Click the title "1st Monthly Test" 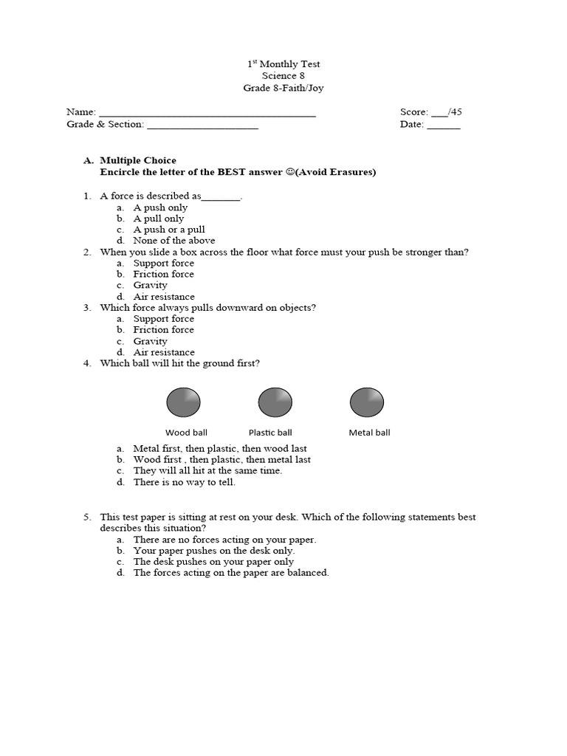(x=283, y=64)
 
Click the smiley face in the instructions (x=290, y=172)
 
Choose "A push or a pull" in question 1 (x=169, y=230)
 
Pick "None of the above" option (x=174, y=241)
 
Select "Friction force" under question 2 (x=163, y=274)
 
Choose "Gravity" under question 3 (x=150, y=341)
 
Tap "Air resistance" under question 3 (x=164, y=352)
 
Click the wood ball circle (x=184, y=403)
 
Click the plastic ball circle (x=275, y=403)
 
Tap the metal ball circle (x=366, y=403)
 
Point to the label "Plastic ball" (x=270, y=433)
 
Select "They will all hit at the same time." (x=207, y=470)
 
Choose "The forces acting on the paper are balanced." (x=231, y=573)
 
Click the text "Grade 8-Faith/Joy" (x=283, y=89)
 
